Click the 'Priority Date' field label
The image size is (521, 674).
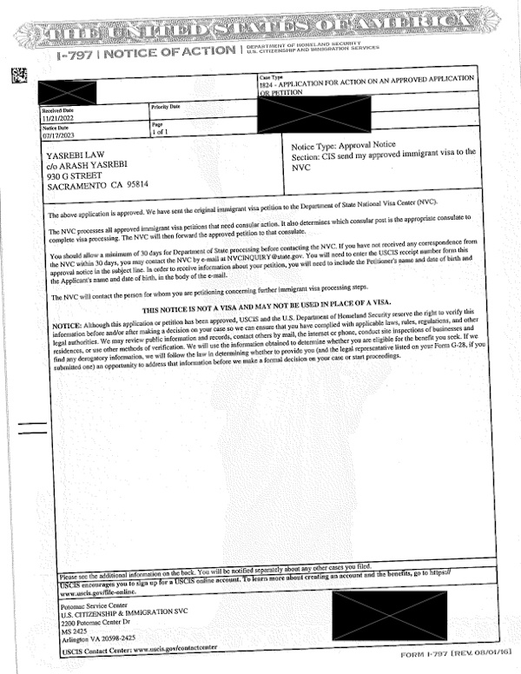pos(166,106)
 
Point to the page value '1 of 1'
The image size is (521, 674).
pos(162,132)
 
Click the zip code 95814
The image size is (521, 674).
pos(134,185)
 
